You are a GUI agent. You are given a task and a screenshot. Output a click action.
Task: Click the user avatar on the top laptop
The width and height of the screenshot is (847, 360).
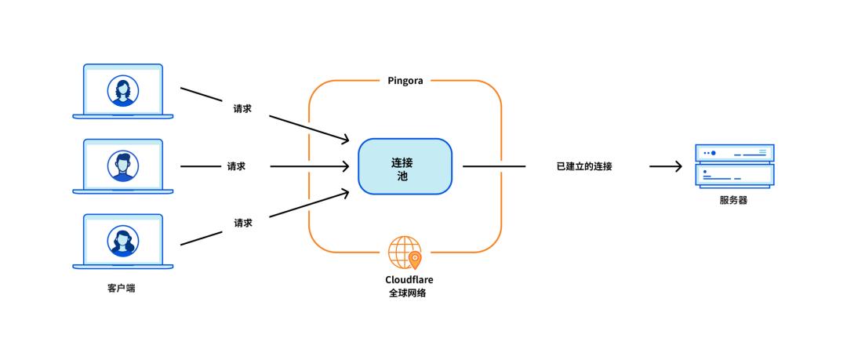coord(123,89)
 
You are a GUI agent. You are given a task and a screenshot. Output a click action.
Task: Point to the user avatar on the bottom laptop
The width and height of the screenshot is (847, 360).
coord(123,241)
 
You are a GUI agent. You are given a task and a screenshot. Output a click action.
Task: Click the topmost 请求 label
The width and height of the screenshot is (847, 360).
coord(242,109)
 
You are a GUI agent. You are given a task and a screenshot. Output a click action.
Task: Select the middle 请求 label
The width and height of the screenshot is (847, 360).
coord(236,166)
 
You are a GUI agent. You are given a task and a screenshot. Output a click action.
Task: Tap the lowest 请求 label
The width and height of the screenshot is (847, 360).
coord(242,223)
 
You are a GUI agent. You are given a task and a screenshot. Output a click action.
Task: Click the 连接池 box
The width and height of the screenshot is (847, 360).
coord(405,166)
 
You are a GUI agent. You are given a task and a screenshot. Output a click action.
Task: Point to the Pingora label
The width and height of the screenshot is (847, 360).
coord(405,80)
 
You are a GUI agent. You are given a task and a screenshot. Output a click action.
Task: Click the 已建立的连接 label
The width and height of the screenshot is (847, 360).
coord(584,166)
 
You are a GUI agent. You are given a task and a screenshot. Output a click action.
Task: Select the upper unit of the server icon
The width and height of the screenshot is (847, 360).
coord(735,153)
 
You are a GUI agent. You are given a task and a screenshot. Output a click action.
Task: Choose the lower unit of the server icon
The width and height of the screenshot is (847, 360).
coord(735,174)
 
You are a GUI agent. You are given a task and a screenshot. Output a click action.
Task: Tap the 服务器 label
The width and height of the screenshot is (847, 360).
coord(733,200)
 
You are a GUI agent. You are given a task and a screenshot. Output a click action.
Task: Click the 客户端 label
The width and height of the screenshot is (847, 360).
coord(121,288)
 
